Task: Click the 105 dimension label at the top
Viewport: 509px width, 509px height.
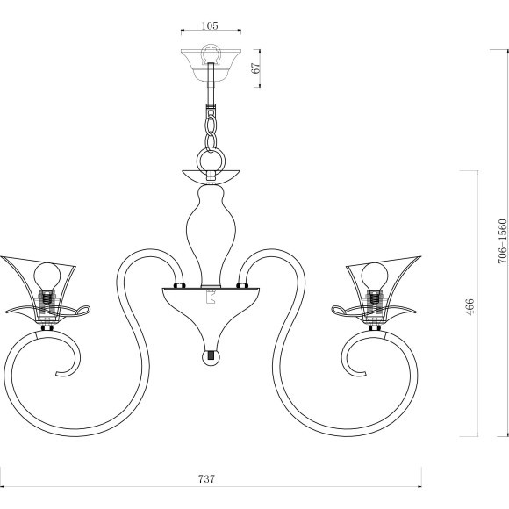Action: [210, 25]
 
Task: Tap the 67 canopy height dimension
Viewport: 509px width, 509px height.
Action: [256, 68]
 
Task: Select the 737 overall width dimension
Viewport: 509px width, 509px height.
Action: [206, 479]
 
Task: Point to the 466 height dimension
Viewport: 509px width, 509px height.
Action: [470, 306]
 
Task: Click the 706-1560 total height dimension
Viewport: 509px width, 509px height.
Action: [502, 240]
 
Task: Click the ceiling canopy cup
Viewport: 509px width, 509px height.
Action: [211, 65]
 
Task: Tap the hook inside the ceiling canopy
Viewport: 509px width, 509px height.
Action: [211, 54]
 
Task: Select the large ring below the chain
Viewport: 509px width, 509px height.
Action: [211, 161]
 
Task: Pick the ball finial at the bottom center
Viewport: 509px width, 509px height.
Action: [211, 357]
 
